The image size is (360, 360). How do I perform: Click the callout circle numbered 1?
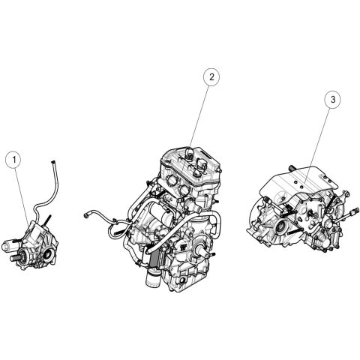tap(14, 159)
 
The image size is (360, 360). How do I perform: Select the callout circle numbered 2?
tap(211, 77)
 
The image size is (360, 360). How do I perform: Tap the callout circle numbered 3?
tap(333, 100)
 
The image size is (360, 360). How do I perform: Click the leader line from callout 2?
tap(199, 117)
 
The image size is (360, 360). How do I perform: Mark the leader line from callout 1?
tap(22, 196)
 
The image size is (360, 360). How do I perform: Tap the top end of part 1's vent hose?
tap(53, 162)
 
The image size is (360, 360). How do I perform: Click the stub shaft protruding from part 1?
tap(14, 259)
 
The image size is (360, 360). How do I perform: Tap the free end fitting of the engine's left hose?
tap(86, 215)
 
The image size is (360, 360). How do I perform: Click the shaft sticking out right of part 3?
tap(347, 216)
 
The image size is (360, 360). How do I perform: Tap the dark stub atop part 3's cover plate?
tap(292, 169)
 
